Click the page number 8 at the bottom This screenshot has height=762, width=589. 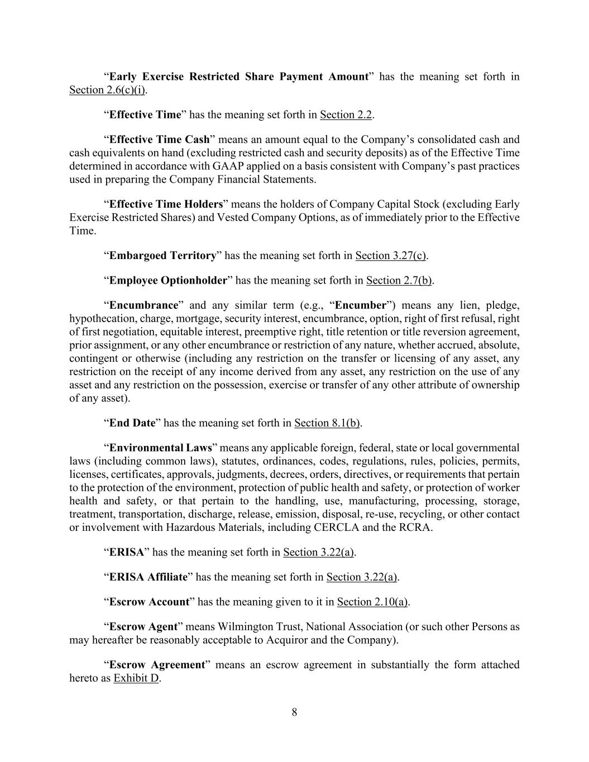click(294, 712)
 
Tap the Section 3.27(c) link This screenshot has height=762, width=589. click(391, 256)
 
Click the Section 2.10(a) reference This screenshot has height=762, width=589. click(372, 602)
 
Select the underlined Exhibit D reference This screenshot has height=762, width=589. click(136, 679)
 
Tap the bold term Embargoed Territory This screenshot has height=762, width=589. click(162, 256)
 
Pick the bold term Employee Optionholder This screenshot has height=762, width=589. click(168, 280)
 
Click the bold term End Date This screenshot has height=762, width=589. click(132, 423)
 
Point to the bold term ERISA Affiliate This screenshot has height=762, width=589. click(148, 577)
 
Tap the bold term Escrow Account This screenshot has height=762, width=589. click(149, 602)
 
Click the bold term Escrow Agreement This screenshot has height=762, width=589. click(157, 665)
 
